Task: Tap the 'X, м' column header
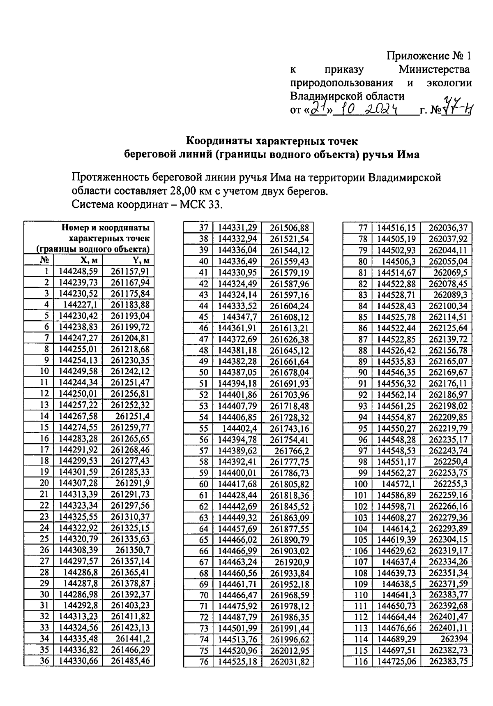point(89,260)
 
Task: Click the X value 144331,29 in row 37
point(237,228)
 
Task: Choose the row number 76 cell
point(204,662)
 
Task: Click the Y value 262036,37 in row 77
point(448,228)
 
